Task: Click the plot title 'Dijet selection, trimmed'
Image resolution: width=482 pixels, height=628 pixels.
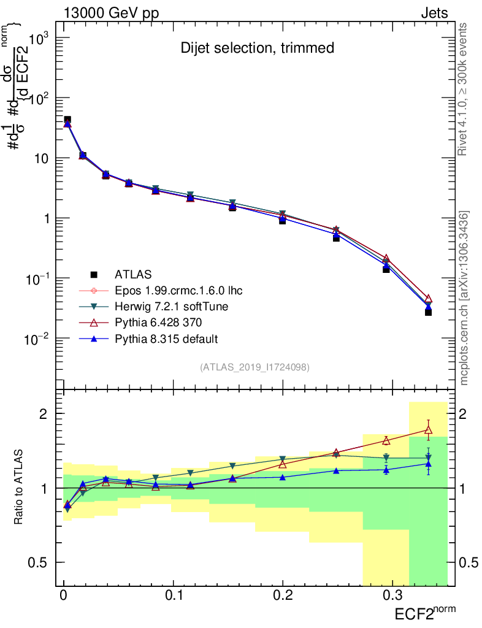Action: pos(257,48)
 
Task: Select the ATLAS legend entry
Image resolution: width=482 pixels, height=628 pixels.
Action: pos(133,274)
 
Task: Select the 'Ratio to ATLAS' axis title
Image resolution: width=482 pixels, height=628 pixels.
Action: pos(20,488)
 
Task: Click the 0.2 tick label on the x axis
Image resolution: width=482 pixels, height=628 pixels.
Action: pos(283,595)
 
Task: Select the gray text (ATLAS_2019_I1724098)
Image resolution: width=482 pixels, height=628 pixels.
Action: pos(254,367)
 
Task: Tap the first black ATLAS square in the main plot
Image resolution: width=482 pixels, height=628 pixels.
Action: pos(67,120)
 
